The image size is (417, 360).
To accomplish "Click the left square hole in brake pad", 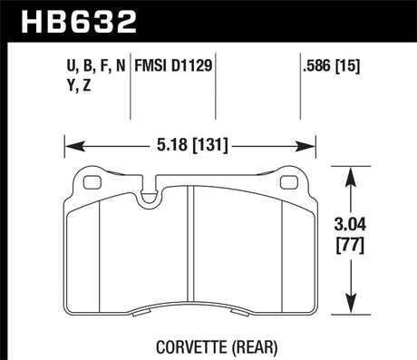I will coord(91,181).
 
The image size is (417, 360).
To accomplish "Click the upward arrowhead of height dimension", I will coord(352,172).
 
